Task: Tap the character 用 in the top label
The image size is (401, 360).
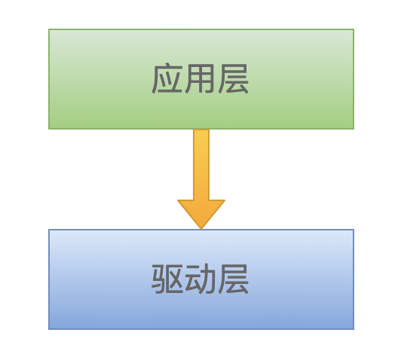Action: tap(199, 78)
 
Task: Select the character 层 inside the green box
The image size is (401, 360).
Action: tap(233, 78)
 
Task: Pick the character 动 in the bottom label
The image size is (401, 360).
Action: tap(199, 279)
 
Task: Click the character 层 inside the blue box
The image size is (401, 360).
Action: tap(233, 279)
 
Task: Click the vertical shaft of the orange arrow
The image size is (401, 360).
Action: tap(201, 164)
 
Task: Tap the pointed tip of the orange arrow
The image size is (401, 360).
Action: tap(201, 229)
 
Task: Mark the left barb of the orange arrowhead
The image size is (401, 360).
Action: tap(178, 200)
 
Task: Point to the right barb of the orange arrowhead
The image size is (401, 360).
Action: tap(225, 200)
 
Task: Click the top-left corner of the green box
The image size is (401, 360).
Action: tap(49, 29)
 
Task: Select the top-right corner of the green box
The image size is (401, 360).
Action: tap(354, 29)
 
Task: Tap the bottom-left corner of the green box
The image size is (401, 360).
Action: tap(49, 129)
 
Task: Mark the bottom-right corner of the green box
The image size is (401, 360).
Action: tap(354, 129)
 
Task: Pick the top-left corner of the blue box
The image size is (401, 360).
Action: tap(49, 230)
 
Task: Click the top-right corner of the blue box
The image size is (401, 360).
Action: tap(354, 230)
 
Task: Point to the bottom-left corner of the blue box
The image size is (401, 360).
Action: tap(49, 329)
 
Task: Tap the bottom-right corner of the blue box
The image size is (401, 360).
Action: tap(354, 329)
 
